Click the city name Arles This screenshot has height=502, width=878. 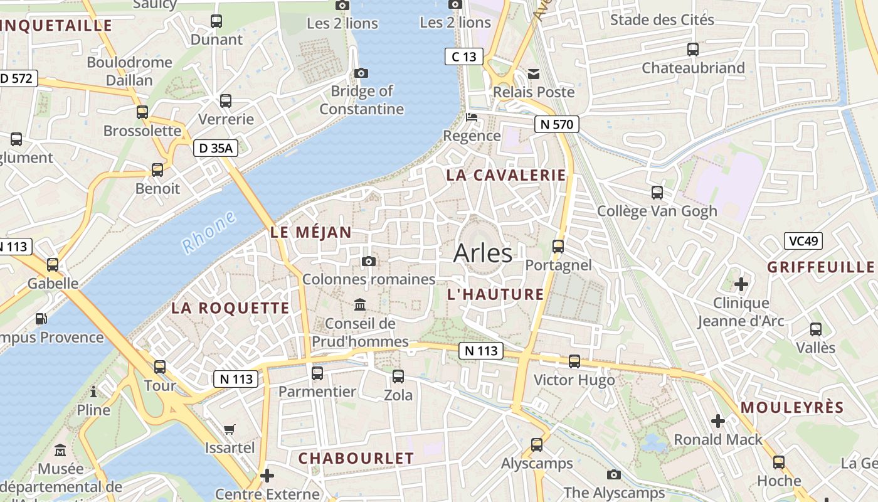[x=482, y=253]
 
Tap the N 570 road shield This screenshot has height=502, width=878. [x=556, y=124]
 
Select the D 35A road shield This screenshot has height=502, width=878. [x=215, y=148]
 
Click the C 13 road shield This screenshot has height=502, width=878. [x=464, y=56]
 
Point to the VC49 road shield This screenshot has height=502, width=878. [x=803, y=241]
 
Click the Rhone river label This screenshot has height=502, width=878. [x=209, y=232]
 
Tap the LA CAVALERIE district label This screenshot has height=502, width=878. [x=505, y=175]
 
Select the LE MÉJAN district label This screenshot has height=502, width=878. [x=311, y=232]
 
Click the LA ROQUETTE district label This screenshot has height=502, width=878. [x=230, y=308]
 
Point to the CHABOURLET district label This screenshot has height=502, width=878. [x=356, y=458]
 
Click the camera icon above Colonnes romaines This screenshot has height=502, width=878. [x=369, y=261]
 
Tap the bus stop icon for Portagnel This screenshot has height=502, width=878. [x=558, y=246]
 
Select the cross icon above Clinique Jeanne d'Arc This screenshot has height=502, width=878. [x=741, y=284]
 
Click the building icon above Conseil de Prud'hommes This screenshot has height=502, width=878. [x=360, y=305]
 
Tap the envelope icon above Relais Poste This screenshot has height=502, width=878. [x=534, y=74]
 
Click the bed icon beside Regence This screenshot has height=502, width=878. [x=472, y=117]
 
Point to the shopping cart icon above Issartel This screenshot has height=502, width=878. [x=230, y=430]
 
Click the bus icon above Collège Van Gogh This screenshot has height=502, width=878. [x=657, y=192]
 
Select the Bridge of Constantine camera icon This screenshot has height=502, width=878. [x=361, y=73]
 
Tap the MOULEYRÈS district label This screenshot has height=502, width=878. [x=792, y=407]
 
